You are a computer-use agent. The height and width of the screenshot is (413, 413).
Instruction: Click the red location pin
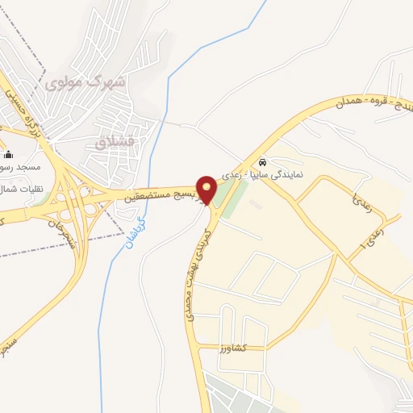tap(207, 190)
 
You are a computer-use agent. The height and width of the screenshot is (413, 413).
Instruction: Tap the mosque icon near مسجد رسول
tap(9, 155)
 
